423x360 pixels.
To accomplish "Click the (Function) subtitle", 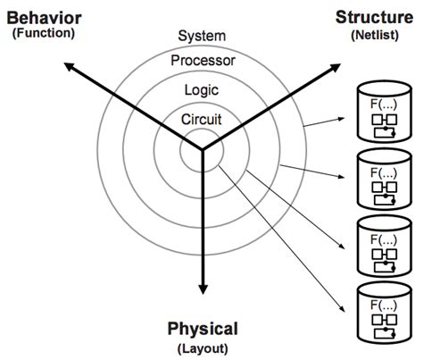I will (x=44, y=33).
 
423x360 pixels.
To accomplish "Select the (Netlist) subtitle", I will (x=376, y=33).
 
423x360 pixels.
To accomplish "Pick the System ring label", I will (x=202, y=36).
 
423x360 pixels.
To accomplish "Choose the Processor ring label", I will (x=203, y=61).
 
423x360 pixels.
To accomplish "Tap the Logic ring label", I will (x=203, y=89).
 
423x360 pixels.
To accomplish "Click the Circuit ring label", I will (x=203, y=117).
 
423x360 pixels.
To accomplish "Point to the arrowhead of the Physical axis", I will (x=203, y=288).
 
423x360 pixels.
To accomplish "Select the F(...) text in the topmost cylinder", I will (x=384, y=104).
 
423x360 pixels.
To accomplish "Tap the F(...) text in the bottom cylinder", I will (x=384, y=302).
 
